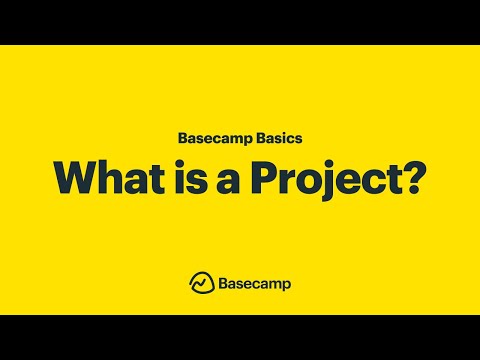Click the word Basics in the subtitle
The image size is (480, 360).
coord(271,137)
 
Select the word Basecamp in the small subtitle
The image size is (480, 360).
coord(210,137)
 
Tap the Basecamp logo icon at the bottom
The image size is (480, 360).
coord(200,283)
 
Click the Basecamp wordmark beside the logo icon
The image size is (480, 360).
coord(254,283)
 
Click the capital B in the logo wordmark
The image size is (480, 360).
coord(221,283)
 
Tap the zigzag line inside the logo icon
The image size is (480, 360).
coord(200,285)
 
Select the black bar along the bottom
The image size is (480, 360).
coord(240,337)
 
